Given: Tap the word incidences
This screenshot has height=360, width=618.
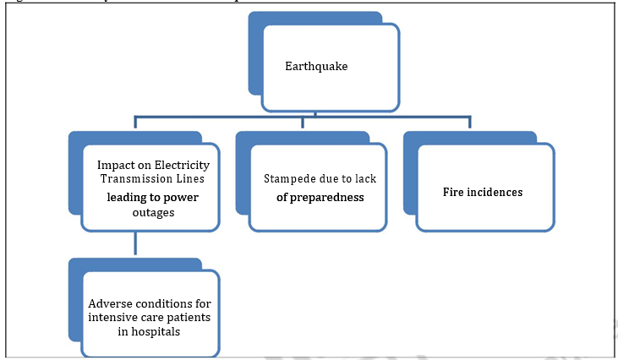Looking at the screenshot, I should [495, 193].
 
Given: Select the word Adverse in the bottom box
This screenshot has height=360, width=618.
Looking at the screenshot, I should [108, 303].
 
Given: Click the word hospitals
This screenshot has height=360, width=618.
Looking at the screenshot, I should [161, 332].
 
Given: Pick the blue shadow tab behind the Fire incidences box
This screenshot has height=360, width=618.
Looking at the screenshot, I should [410, 177].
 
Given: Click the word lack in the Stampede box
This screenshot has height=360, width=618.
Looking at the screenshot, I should [365, 179].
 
